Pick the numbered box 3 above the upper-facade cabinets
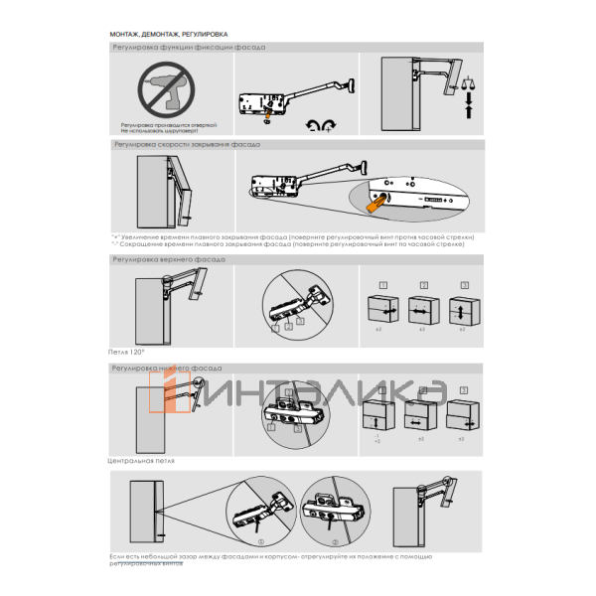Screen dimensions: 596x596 pos(460,286)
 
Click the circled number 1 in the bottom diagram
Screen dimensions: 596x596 pos(261,541)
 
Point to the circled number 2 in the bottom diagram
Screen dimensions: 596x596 pos(336,541)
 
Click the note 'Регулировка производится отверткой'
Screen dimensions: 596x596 pos(174,126)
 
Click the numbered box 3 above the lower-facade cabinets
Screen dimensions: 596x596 pos(463,391)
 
